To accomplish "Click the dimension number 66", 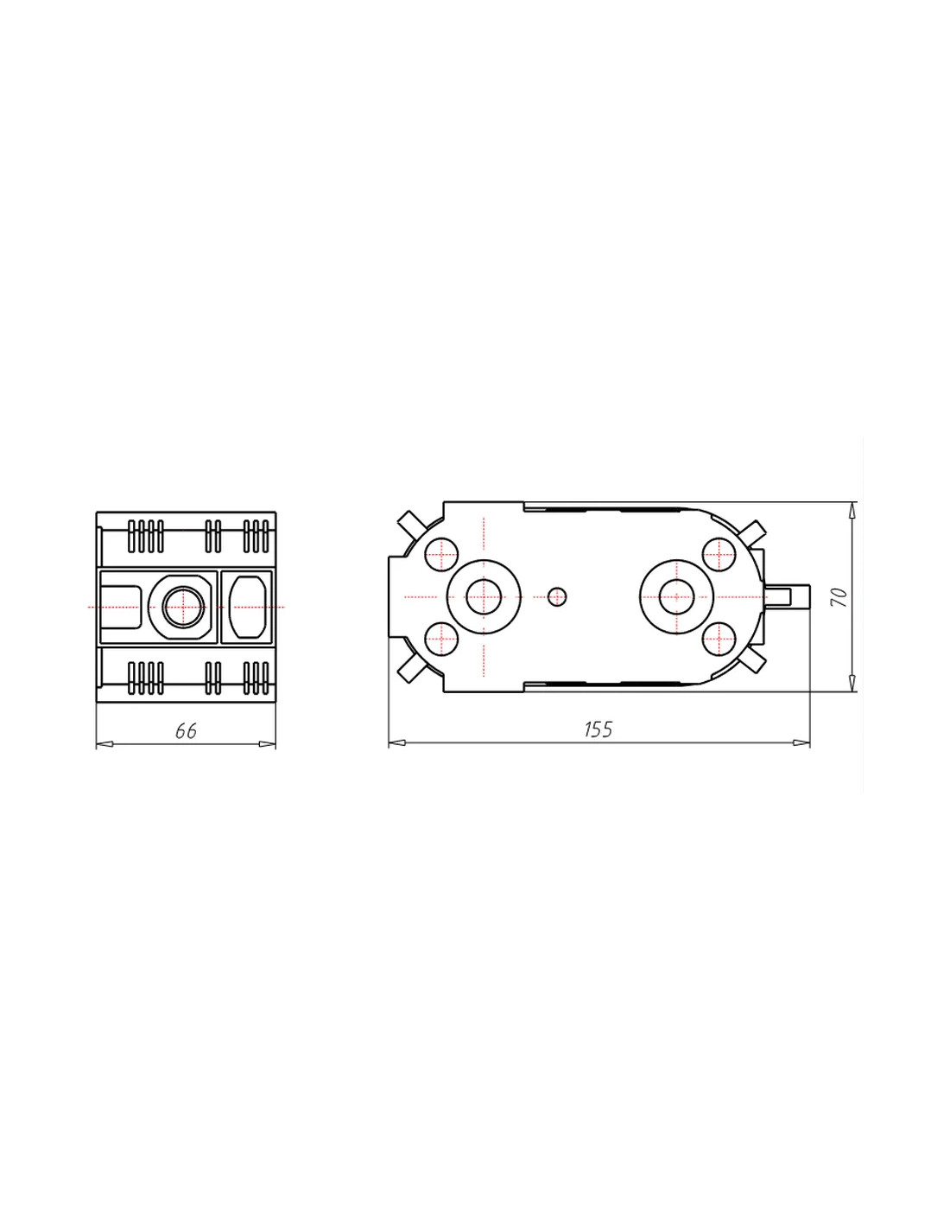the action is [186, 730].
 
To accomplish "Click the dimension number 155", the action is [598, 729].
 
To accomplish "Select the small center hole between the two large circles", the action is [557, 596].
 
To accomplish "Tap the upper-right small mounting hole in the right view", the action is [719, 554].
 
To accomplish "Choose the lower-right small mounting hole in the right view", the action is [719, 639].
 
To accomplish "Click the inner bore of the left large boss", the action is [484, 596].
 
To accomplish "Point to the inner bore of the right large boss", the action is [676, 596].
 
